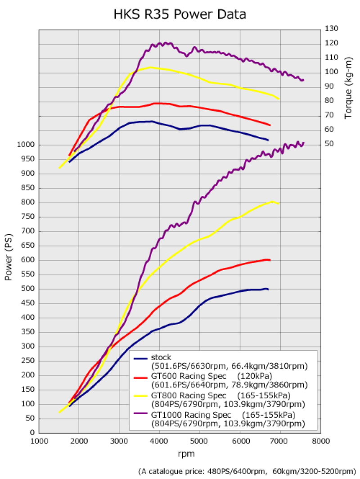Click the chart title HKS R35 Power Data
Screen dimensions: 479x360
pyautogui.click(x=180, y=14)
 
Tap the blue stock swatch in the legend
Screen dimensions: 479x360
pyautogui.click(x=141, y=358)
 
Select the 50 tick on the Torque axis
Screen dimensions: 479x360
pyautogui.click(x=330, y=144)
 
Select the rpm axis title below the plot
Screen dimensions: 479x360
pyautogui.click(x=180, y=454)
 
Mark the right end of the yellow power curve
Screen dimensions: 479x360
pyautogui.click(x=279, y=203)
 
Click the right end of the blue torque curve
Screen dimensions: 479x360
pyautogui.click(x=268, y=140)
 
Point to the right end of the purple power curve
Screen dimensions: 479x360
pyautogui.click(x=304, y=143)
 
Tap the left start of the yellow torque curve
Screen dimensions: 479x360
pyautogui.click(x=59, y=168)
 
